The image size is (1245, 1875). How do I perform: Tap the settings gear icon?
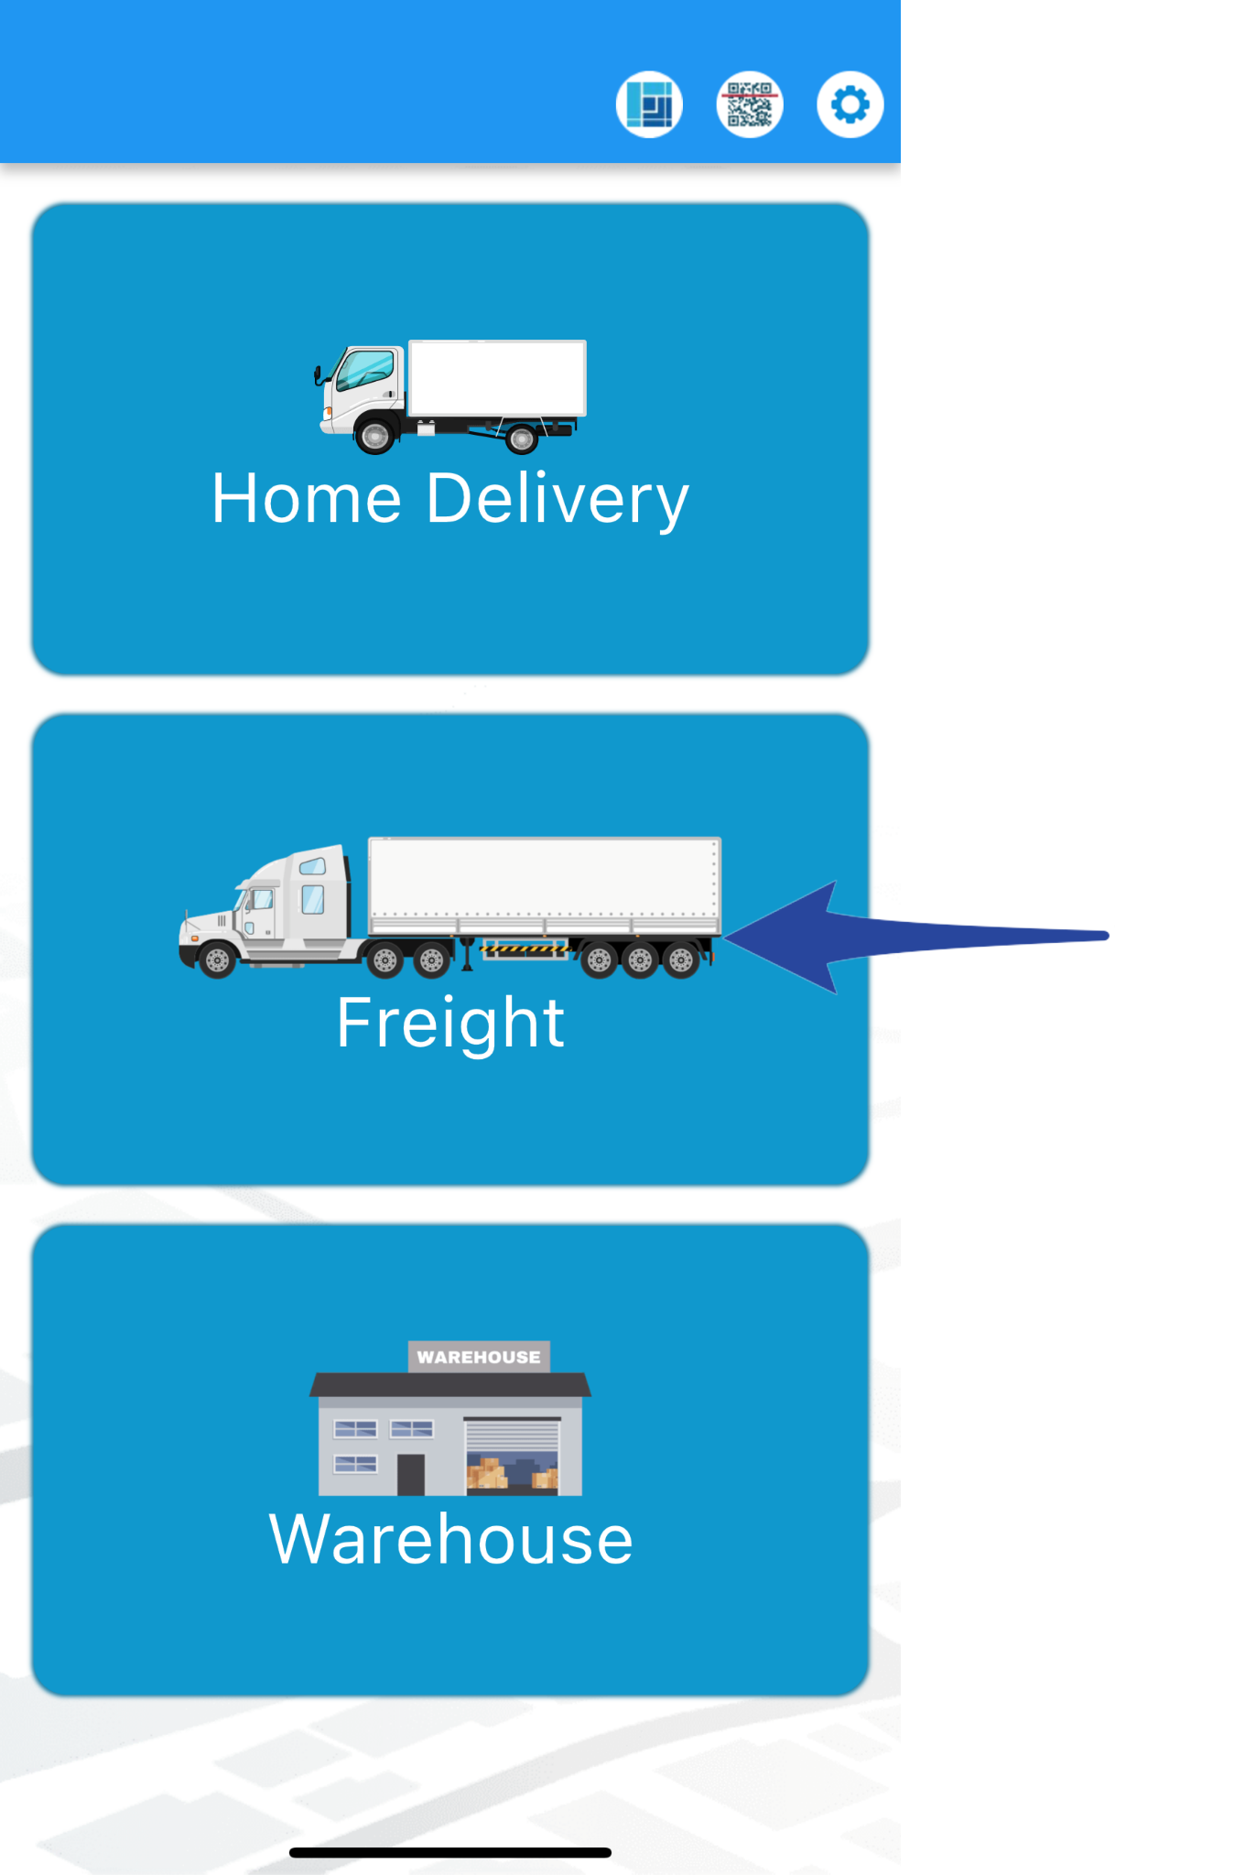(850, 104)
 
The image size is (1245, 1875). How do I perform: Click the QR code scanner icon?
(749, 104)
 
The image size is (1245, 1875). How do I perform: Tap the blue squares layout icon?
(649, 104)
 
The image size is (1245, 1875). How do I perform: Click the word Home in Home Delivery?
(307, 499)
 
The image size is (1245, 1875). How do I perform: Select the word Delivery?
(558, 501)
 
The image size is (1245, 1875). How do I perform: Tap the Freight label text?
(450, 1023)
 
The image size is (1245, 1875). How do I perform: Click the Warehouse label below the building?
(450, 1540)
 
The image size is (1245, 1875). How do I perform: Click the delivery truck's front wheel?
(375, 436)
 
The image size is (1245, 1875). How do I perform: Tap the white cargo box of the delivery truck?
(497, 377)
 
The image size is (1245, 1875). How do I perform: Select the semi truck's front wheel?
(218, 960)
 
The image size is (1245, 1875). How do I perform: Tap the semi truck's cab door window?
(313, 899)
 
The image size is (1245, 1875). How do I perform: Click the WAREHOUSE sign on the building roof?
(479, 1357)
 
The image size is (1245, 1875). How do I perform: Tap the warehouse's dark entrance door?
(410, 1474)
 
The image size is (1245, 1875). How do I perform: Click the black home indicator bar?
(450, 1852)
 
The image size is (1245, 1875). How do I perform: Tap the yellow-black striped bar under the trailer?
(524, 949)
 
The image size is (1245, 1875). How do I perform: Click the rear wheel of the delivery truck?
(522, 440)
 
